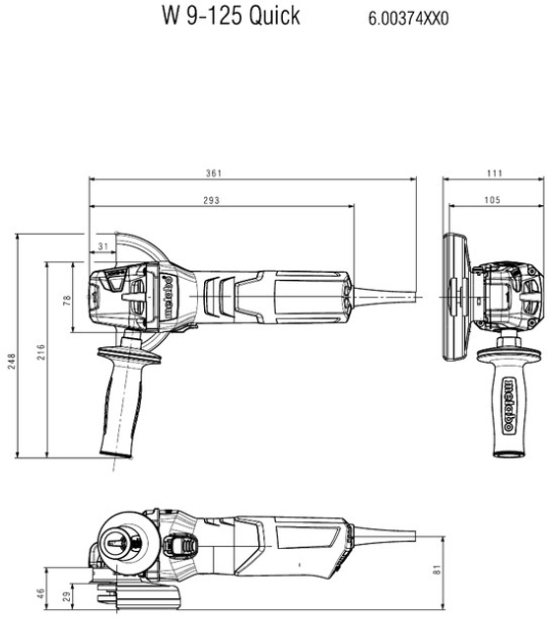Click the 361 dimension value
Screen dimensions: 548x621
[x=214, y=173]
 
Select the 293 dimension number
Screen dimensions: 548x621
[x=212, y=200]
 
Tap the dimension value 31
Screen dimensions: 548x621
[x=103, y=246]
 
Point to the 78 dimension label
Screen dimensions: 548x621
[x=67, y=300]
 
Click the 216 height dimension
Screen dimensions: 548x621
[x=40, y=352]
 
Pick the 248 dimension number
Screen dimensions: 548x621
[x=11, y=361]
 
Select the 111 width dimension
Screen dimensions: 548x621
[x=495, y=173]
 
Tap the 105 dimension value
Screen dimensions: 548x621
[x=492, y=200]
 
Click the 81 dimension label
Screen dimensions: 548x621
[x=437, y=570]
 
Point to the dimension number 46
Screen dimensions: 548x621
[x=40, y=593]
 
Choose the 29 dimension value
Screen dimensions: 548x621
[x=67, y=596]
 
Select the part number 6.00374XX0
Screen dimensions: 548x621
[x=409, y=19]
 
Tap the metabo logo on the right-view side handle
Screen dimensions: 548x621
[x=509, y=405]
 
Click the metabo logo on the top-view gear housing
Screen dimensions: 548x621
[x=169, y=298]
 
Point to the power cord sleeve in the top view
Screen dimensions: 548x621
[x=384, y=296]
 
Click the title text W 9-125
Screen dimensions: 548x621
[x=202, y=16]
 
